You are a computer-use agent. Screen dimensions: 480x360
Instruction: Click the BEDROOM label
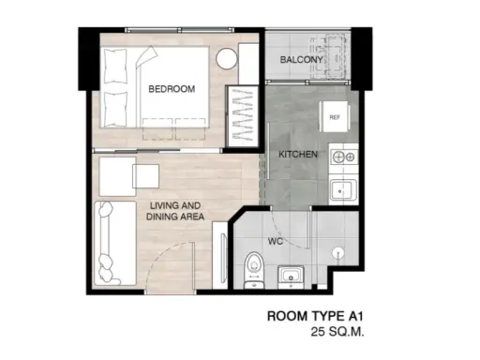(172, 89)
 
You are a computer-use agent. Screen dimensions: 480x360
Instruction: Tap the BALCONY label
(301, 60)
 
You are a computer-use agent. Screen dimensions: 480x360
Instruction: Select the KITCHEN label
(298, 154)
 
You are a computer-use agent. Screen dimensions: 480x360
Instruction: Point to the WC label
(276, 241)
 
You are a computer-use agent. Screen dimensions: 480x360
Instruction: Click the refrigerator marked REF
(335, 116)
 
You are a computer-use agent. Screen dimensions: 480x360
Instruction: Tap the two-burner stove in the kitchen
(344, 157)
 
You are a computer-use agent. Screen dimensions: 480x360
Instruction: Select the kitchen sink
(343, 189)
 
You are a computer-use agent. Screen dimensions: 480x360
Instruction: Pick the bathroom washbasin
(291, 276)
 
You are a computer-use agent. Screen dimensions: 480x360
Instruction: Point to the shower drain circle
(337, 252)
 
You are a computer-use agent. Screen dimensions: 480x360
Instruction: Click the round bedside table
(227, 59)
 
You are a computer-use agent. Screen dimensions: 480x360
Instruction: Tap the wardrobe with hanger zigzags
(242, 116)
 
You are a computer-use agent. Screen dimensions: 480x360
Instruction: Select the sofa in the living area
(115, 244)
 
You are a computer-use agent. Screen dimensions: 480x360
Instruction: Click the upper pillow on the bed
(116, 66)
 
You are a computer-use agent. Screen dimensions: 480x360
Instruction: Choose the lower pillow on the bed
(116, 109)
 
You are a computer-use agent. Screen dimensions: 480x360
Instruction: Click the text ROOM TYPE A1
(315, 316)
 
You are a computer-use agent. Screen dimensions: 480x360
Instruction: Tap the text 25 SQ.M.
(337, 332)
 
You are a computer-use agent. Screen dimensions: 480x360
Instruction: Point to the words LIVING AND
(175, 205)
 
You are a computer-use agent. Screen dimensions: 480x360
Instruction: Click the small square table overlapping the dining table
(145, 176)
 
